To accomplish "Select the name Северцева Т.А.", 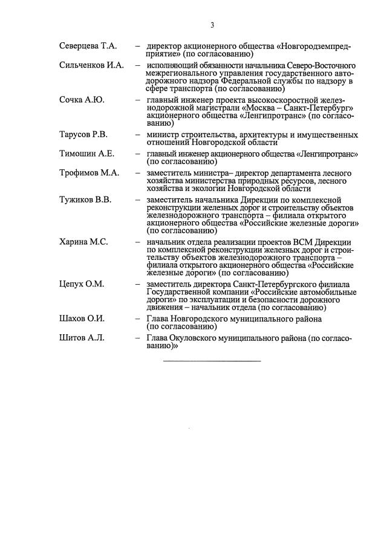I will coord(88,47).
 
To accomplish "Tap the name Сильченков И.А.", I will coord(91,65).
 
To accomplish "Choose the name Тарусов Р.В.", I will coord(83,134).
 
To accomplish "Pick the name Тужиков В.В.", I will coord(85,200).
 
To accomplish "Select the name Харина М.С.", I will coord(83,242).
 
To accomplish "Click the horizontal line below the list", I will coord(212,361).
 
